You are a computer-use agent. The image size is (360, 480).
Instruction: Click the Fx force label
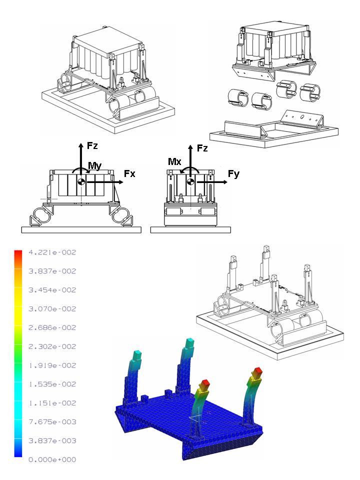(x=129, y=174)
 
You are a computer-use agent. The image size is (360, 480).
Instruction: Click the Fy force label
(x=234, y=174)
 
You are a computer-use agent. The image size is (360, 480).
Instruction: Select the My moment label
(x=94, y=166)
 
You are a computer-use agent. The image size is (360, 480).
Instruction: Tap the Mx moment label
(x=174, y=161)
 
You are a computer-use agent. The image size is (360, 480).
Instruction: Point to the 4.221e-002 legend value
(x=52, y=252)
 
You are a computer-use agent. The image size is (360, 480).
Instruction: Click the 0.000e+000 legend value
(x=52, y=459)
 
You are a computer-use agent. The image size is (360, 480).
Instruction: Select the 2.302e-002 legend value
(x=52, y=346)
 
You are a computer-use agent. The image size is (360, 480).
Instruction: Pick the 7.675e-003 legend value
(x=52, y=422)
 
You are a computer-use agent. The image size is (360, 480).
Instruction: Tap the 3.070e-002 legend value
(x=52, y=309)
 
